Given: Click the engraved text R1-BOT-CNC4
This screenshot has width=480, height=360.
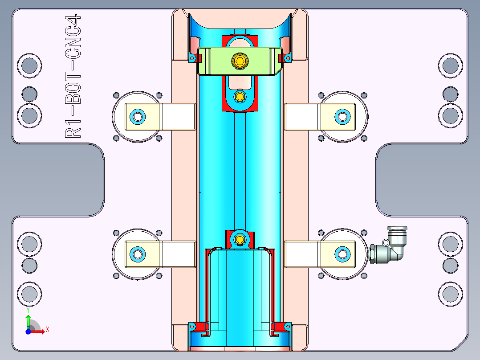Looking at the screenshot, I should (x=73, y=76).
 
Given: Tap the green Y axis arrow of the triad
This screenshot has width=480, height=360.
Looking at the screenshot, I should (x=28, y=319).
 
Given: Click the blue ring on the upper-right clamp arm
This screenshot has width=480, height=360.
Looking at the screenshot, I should (x=342, y=117).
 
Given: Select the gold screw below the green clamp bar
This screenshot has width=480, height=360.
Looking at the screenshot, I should (x=240, y=96).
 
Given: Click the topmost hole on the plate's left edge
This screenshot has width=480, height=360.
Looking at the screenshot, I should (x=29, y=65).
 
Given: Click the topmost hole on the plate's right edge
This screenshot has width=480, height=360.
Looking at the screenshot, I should (x=450, y=65).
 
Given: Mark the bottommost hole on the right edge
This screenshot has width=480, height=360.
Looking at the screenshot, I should (x=450, y=294).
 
